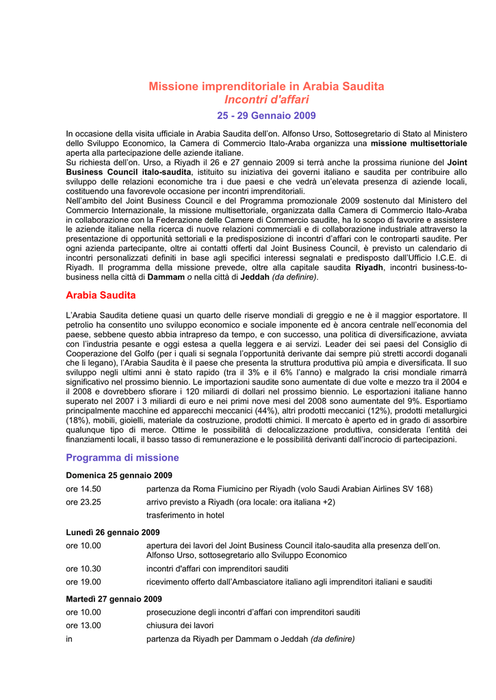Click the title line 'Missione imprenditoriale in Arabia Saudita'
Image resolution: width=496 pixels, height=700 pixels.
[x=266, y=86]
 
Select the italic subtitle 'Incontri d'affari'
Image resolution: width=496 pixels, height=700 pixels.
[x=266, y=100]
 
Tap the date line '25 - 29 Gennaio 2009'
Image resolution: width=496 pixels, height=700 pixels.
[x=266, y=116]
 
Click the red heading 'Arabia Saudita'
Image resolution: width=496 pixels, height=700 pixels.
[x=101, y=295]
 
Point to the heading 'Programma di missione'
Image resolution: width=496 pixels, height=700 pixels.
[x=122, y=458]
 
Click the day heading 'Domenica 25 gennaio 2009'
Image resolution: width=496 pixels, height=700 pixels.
[x=118, y=475]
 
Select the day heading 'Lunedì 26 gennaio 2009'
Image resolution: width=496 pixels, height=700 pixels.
[x=113, y=532]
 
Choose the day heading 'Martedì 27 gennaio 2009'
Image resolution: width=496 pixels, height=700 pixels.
[x=114, y=599]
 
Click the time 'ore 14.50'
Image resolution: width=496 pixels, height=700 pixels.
[x=83, y=489]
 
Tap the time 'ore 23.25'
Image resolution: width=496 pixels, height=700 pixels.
[x=83, y=502]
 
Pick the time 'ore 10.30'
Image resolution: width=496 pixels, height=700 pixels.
[x=83, y=569]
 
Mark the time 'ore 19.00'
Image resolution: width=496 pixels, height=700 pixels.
[x=83, y=582]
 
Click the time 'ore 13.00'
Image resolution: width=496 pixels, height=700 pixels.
[x=83, y=625]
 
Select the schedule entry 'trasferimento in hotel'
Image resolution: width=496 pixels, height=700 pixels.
[x=185, y=515]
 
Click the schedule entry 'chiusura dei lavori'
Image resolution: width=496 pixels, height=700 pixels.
[x=180, y=625]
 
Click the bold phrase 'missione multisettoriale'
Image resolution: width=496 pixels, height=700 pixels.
[x=419, y=144]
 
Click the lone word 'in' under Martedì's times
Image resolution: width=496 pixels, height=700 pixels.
[x=69, y=639]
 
